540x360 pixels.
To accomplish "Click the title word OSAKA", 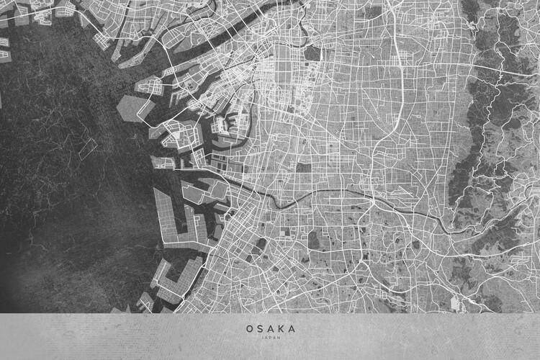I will (x=270, y=328).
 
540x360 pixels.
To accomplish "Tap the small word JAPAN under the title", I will (x=270, y=337).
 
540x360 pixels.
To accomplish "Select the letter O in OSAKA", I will (x=249, y=328).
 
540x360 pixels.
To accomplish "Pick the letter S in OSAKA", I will (x=260, y=328).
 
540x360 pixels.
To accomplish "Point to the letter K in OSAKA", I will (x=281, y=328).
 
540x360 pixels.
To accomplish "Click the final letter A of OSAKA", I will (x=292, y=328).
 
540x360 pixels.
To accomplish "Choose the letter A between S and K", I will (x=270, y=328).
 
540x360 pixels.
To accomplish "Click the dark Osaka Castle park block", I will (x=312, y=54).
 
